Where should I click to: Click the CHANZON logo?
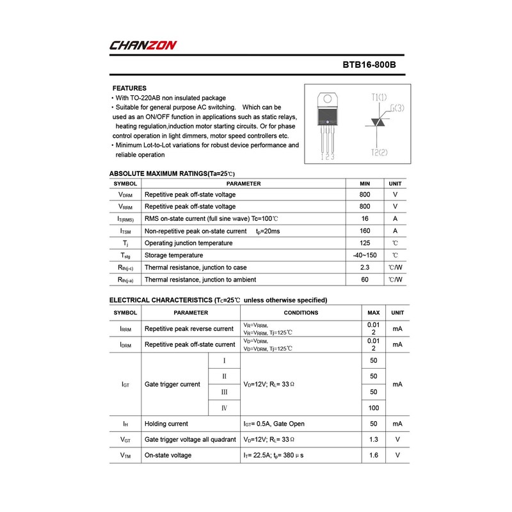click(143, 45)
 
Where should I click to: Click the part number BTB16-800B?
click(373, 65)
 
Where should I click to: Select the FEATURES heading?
click(129, 88)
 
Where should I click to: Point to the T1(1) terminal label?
click(379, 97)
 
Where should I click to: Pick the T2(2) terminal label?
click(379, 153)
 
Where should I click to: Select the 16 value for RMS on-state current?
click(365, 219)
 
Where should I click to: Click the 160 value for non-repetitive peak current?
click(365, 231)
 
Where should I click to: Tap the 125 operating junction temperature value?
click(365, 243)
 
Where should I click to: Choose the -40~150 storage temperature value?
click(365, 255)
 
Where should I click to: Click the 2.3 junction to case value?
click(365, 268)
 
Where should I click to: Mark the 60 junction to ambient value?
click(365, 280)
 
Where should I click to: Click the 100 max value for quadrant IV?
click(374, 408)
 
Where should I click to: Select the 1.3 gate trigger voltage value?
click(374, 440)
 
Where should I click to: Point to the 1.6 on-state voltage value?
click(374, 455)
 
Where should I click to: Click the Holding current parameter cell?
click(166, 424)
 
